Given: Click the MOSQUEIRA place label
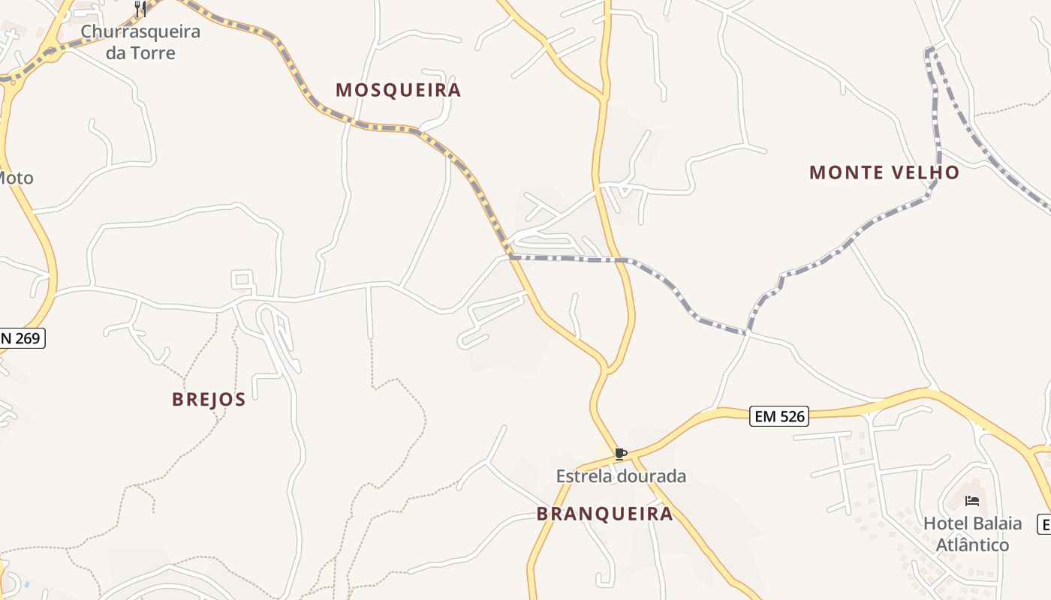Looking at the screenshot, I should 398,91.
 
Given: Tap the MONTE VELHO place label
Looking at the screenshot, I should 884,172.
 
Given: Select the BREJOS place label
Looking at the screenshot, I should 209,399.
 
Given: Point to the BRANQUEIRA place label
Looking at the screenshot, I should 604,514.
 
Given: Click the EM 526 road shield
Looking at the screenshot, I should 779,416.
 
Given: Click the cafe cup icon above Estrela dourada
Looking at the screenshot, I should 620,454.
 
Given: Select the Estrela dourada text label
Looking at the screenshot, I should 621,476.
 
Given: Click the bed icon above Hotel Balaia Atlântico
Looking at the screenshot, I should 972,501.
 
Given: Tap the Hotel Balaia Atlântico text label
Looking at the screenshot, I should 972,533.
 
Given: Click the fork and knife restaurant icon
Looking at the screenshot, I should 140,9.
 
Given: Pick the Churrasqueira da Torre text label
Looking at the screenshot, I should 140,42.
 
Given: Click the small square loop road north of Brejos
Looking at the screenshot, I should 242,280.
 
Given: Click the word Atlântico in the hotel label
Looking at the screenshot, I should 972,544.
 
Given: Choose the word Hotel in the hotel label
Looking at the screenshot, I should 944,523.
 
